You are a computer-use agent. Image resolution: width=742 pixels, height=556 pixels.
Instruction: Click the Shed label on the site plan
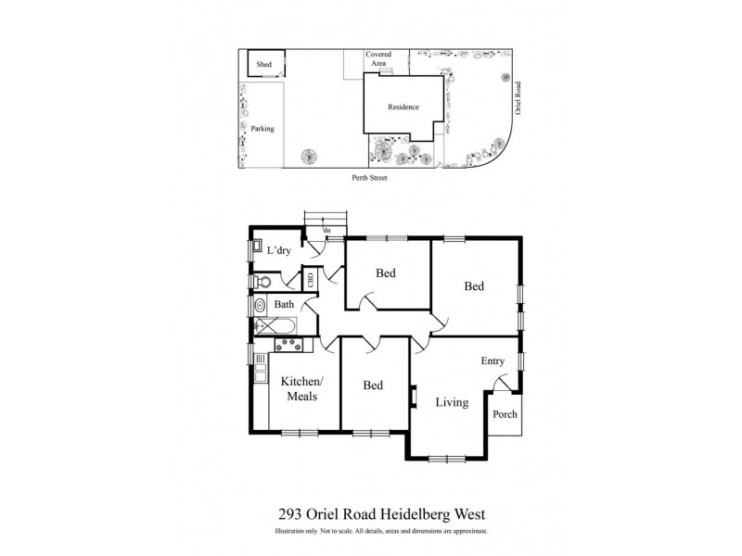[264, 64]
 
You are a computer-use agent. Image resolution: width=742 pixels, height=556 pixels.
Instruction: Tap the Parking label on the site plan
[262, 129]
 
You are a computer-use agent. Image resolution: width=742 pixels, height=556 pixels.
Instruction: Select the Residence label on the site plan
[402, 107]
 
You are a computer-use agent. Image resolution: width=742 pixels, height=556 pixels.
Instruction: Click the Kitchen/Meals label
[302, 389]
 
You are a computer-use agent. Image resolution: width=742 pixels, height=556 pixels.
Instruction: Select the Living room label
[451, 402]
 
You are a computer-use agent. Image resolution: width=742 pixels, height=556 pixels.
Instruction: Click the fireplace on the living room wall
[414, 397]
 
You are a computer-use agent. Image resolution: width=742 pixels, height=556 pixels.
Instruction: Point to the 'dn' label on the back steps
[326, 230]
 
